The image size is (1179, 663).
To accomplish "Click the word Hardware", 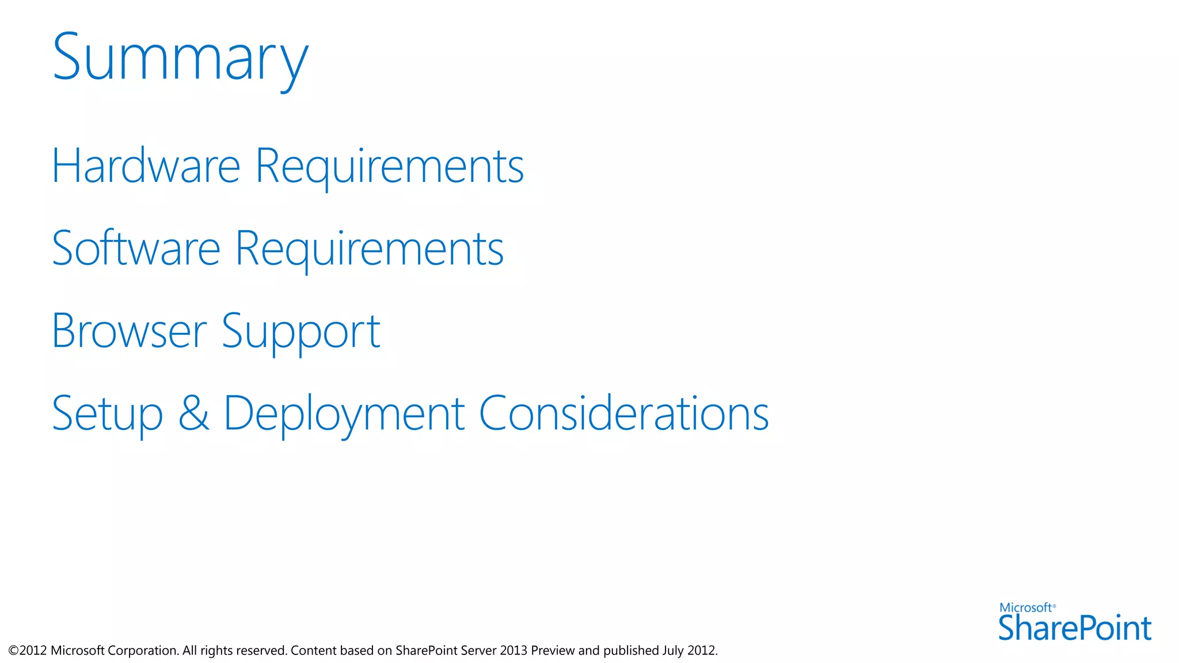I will (x=146, y=166).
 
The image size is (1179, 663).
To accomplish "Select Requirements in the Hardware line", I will (x=389, y=167).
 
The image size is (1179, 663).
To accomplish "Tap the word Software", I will (x=136, y=249).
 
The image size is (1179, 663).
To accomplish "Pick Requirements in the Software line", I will (x=370, y=249).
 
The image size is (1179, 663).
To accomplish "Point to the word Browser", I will (x=129, y=331).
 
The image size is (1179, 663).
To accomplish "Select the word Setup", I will (x=108, y=414).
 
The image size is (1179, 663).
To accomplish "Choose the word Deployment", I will (x=344, y=414).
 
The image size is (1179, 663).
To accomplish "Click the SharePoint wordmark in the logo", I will (x=1074, y=628).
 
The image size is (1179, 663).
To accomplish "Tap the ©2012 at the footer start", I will (x=28, y=651).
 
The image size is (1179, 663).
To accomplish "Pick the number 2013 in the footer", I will (x=514, y=651).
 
